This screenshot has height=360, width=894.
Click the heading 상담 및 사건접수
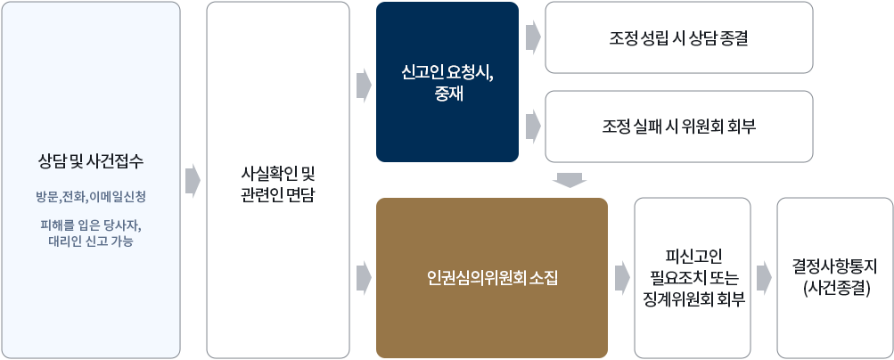click(x=91, y=162)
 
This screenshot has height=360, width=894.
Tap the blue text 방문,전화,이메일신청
click(x=91, y=197)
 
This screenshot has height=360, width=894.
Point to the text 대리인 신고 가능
click(x=91, y=241)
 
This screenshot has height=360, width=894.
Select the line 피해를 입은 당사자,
click(x=91, y=225)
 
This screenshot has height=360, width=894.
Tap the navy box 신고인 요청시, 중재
click(x=447, y=82)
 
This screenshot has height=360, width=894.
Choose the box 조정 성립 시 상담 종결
click(x=679, y=37)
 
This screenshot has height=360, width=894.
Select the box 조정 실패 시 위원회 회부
click(x=679, y=127)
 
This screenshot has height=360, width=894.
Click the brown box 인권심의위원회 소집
click(x=492, y=278)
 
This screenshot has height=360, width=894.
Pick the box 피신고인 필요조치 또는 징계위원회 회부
click(x=693, y=278)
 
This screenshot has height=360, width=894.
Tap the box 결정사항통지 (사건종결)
click(x=835, y=278)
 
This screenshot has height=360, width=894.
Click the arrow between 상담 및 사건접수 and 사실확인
click(x=193, y=181)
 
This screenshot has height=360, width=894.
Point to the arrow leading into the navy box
click(x=364, y=86)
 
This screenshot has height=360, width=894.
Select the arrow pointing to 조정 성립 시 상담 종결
click(x=533, y=37)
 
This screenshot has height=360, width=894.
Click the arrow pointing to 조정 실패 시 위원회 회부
click(x=533, y=127)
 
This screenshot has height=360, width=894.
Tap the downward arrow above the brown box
click(x=569, y=180)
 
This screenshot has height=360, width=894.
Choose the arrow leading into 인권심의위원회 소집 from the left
click(x=364, y=279)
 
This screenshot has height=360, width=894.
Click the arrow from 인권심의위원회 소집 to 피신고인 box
click(x=623, y=279)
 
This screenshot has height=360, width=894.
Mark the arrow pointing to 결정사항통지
click(x=764, y=279)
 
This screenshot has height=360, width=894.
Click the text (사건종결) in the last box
click(x=835, y=289)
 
